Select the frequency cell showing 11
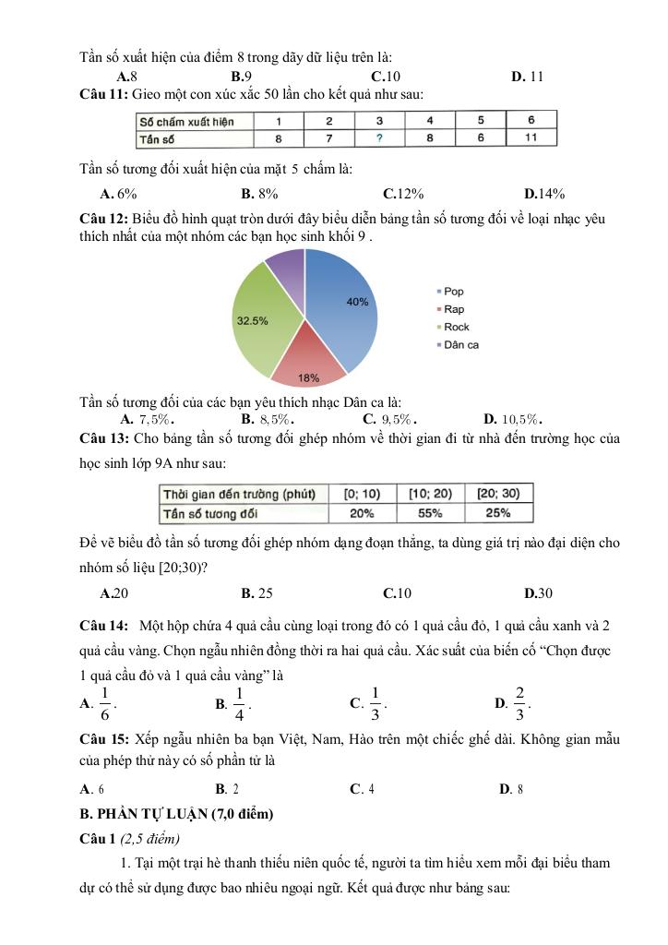(x=531, y=138)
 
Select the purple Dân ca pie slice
(x=286, y=269)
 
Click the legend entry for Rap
(x=453, y=309)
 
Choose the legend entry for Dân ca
(x=460, y=345)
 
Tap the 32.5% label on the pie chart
(x=253, y=321)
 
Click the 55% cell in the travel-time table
(x=430, y=513)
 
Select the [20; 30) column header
(x=498, y=494)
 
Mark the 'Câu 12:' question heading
(x=104, y=219)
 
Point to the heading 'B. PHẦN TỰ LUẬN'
(x=177, y=814)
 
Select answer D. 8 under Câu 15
(x=511, y=789)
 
